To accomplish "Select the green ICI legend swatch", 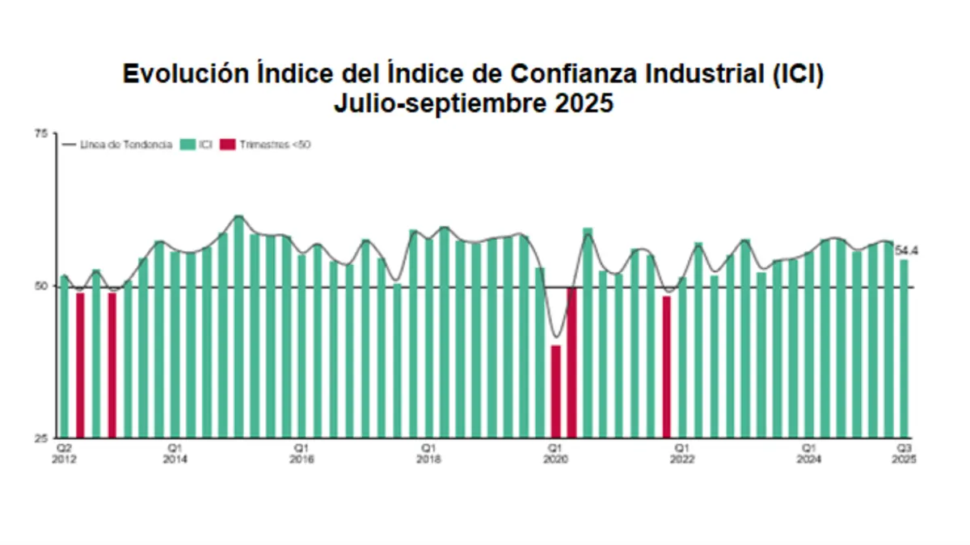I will (x=187, y=145).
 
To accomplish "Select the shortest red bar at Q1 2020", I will (x=555, y=392).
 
